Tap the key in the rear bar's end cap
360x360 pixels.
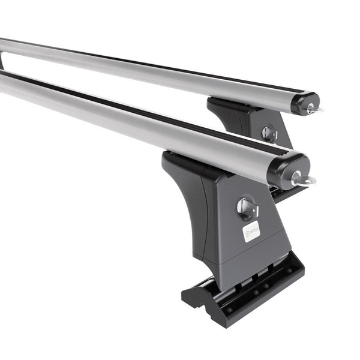click(313, 109)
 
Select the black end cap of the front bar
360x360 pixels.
click(288, 169)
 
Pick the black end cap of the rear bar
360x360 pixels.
click(304, 102)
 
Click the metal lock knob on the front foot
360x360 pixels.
click(247, 208)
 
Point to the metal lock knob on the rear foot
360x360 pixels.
click(269, 133)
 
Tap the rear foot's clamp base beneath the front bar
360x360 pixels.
click(282, 193)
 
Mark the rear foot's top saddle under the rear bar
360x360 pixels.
click(225, 104)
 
